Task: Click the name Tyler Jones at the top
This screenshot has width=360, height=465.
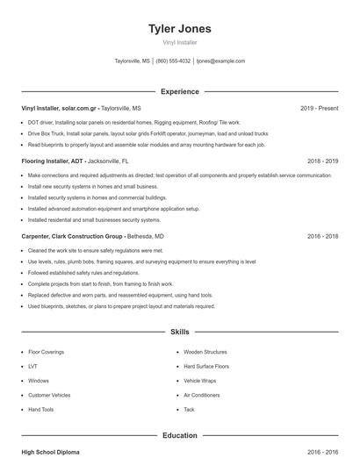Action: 180,29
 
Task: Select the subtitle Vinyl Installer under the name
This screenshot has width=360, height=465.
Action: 180,42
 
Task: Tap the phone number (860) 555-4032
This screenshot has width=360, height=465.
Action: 173,61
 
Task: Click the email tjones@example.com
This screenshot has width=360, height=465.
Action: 220,61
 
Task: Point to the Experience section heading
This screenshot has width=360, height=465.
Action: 180,91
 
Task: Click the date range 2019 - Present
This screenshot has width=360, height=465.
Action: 319,108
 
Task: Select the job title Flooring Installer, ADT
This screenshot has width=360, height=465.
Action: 52,161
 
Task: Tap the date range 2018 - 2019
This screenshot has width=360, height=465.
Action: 322,161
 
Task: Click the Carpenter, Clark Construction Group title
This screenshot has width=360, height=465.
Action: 72,237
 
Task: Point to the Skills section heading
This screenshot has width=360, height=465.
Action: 180,333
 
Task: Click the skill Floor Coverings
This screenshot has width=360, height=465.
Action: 46,352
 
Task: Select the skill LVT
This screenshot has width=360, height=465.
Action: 32,366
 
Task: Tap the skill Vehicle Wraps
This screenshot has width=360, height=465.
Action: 201,381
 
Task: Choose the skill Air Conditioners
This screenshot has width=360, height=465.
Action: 201,395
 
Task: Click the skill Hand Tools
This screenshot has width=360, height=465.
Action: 40,410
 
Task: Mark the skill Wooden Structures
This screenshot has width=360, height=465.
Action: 205,352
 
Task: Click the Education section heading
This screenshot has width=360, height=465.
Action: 180,435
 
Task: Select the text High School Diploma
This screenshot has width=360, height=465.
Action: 50,452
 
